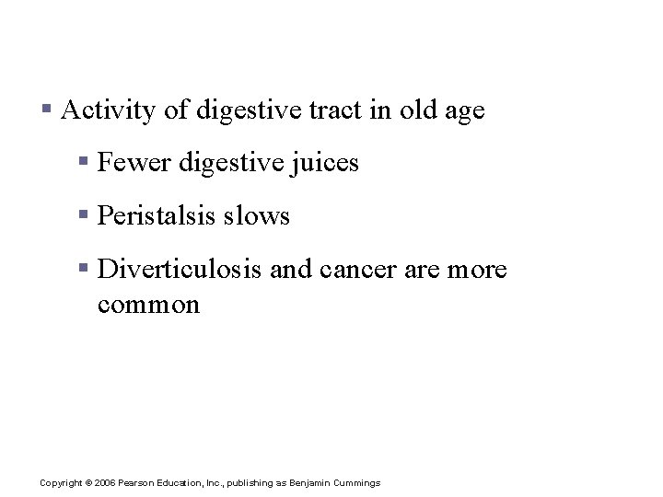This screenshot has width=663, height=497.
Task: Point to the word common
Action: [x=147, y=305]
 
